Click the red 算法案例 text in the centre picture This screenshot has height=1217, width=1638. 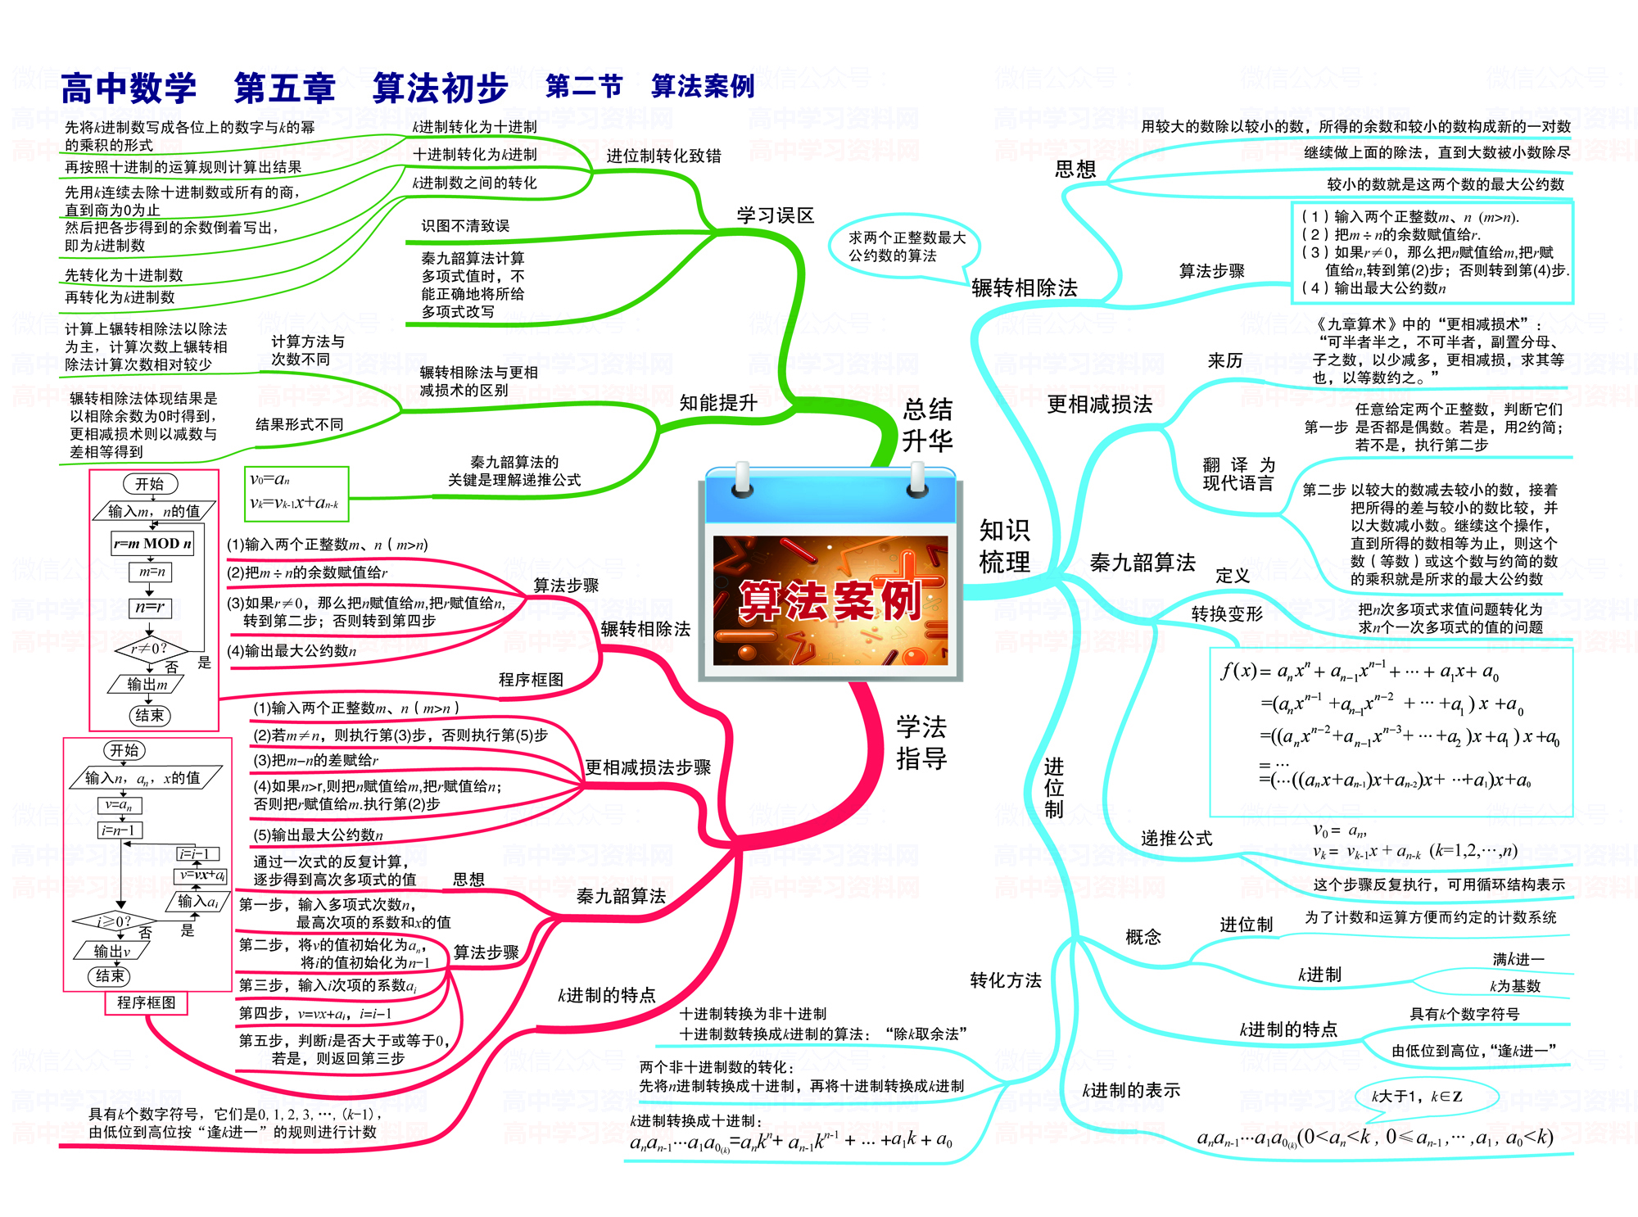pyautogui.click(x=830, y=601)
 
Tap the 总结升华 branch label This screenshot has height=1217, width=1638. pyautogui.click(x=927, y=424)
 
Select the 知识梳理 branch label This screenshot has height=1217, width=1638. pyautogui.click(x=1004, y=545)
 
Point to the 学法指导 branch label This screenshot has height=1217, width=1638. pyautogui.click(x=921, y=742)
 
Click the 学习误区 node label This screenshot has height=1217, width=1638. pyautogui.click(x=775, y=215)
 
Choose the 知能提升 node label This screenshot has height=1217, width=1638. pyautogui.click(x=718, y=402)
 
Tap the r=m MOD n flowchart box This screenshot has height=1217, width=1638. pyautogui.click(x=152, y=543)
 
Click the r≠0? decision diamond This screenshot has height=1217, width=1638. pyautogui.click(x=150, y=649)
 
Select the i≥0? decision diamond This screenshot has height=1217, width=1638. pyautogui.click(x=115, y=921)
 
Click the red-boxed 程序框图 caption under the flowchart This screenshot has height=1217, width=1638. pyautogui.click(x=147, y=1002)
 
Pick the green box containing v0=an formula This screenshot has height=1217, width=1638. pyautogui.click(x=296, y=493)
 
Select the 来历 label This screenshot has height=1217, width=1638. pyautogui.click(x=1224, y=360)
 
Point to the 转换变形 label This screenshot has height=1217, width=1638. pyautogui.click(x=1227, y=613)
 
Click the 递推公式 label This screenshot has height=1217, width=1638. pyautogui.click(x=1177, y=838)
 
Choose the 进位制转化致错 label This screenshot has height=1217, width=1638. pyautogui.click(x=663, y=156)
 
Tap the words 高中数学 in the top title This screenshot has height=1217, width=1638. pyautogui.click(x=129, y=88)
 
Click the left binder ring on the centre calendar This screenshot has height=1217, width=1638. pyautogui.click(x=743, y=479)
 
